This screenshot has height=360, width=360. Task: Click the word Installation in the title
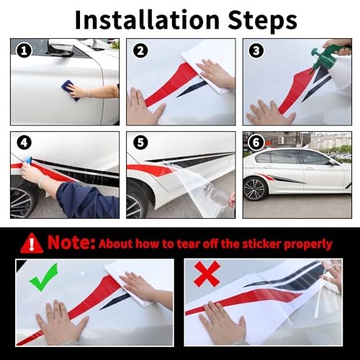[x=147, y=19]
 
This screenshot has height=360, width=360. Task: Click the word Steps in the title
[x=263, y=22]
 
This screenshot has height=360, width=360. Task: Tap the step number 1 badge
[x=24, y=50]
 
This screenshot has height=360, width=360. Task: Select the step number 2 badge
[x=140, y=50]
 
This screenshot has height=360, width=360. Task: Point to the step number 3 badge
[x=256, y=50]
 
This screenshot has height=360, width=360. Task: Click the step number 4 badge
[x=24, y=143]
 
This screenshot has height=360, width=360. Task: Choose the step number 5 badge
[x=140, y=143]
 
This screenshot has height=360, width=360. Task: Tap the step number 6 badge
[x=256, y=143]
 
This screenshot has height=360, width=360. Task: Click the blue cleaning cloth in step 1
[x=70, y=90]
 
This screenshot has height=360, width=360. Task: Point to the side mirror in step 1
[x=61, y=48]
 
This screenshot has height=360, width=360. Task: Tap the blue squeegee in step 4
[x=29, y=160]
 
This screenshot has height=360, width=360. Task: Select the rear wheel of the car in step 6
[x=256, y=189]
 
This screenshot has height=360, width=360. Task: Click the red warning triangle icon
[x=32, y=243]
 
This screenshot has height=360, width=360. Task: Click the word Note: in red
[x=71, y=243]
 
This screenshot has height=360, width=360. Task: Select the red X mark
[x=207, y=274]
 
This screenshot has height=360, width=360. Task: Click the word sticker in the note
[x=261, y=244]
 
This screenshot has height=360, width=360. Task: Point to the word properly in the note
[x=308, y=245]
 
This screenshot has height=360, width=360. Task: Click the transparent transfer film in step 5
[x=202, y=189]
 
